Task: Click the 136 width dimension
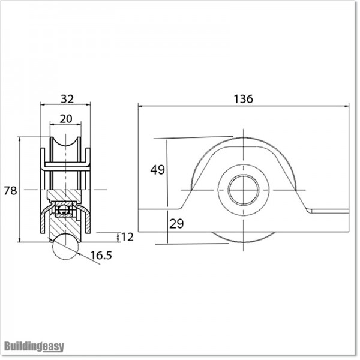click(x=243, y=99)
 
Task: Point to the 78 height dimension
click(x=10, y=190)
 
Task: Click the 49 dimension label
click(x=157, y=170)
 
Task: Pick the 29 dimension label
click(x=176, y=224)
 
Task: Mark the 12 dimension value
click(x=127, y=237)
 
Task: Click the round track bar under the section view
click(x=65, y=247)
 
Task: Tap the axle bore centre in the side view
click(x=244, y=190)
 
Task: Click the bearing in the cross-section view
click(x=65, y=210)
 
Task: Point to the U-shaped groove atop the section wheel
click(x=65, y=147)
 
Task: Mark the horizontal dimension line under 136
click(x=243, y=106)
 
